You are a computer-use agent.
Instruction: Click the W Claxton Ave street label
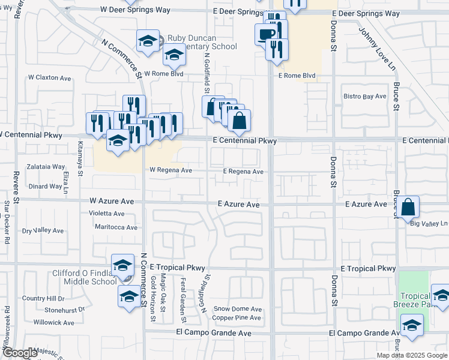(50, 78)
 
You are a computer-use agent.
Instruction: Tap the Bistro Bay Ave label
(364, 96)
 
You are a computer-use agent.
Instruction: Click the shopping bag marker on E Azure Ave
(408, 208)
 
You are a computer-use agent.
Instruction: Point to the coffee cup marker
(265, 34)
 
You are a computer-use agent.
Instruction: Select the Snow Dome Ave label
(238, 308)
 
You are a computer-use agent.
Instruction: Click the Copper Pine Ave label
(237, 317)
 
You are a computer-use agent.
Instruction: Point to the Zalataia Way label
(47, 167)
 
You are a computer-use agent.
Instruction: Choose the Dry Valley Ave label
(43, 230)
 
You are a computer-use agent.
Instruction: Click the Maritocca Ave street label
(116, 227)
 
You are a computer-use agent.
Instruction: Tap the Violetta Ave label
(106, 213)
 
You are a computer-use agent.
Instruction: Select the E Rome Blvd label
(296, 76)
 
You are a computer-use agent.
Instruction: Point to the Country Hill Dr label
(43, 298)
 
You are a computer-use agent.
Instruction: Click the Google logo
(20, 353)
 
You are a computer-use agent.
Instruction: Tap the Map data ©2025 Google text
(412, 355)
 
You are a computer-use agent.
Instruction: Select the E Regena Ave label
(243, 172)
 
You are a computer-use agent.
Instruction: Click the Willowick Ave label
(54, 322)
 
